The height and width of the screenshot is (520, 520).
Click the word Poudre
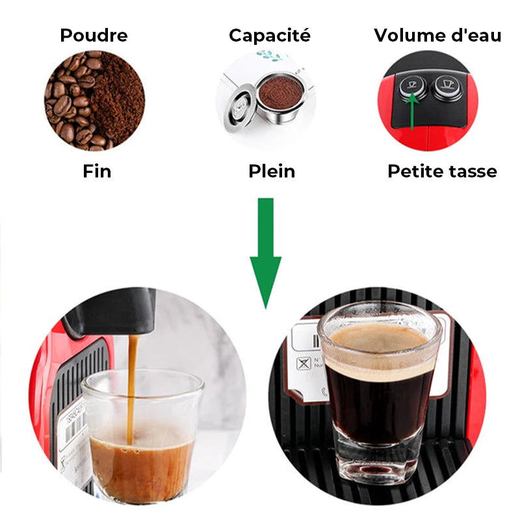coord(94,35)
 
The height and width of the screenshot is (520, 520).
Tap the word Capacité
coord(270,35)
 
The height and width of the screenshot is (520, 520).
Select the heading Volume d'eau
coord(437,35)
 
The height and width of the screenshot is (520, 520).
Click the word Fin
coord(97,171)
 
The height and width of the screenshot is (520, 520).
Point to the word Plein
coord(272,171)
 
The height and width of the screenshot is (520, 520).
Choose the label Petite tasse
coord(442,171)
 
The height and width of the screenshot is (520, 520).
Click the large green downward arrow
coord(266,253)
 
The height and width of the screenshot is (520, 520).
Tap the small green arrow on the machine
coord(412,110)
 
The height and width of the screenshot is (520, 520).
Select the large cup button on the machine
coord(447,86)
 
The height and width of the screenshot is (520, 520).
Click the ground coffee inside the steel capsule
coord(281,93)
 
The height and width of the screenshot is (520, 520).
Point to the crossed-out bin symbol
coord(304,363)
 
